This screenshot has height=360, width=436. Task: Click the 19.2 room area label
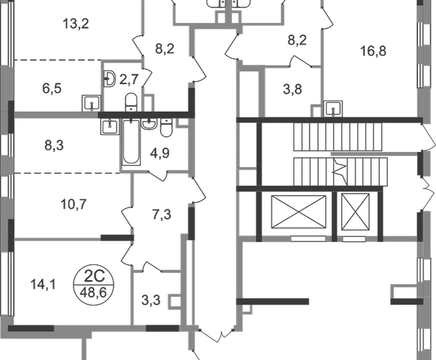[76, 27]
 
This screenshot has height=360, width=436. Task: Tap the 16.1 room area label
[40, 288]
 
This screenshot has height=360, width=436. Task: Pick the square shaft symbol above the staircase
[333, 108]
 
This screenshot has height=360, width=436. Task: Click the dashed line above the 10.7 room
[68, 173]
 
